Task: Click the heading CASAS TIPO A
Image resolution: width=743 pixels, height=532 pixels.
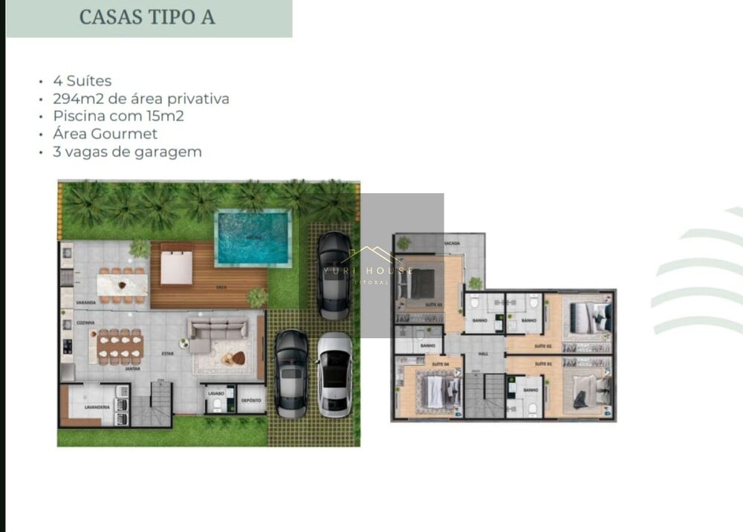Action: pyautogui.click(x=147, y=17)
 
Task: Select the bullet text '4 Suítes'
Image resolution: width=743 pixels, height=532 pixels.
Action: pyautogui.click(x=82, y=81)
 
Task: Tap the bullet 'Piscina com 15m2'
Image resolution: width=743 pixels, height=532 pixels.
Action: pyautogui.click(x=118, y=117)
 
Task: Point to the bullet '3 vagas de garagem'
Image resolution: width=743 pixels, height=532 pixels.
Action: pyautogui.click(x=127, y=152)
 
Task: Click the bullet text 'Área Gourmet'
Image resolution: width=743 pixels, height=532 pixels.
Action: pyautogui.click(x=105, y=134)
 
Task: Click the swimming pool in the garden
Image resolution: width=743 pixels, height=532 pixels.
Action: pyautogui.click(x=252, y=238)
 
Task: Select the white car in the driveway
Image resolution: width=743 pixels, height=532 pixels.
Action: pyautogui.click(x=334, y=373)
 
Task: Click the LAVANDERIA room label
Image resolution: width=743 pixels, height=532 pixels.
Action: pyautogui.click(x=97, y=407)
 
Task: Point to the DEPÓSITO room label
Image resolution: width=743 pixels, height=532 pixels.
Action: pyautogui.click(x=251, y=400)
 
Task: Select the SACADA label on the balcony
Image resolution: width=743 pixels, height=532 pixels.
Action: pyautogui.click(x=452, y=243)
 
